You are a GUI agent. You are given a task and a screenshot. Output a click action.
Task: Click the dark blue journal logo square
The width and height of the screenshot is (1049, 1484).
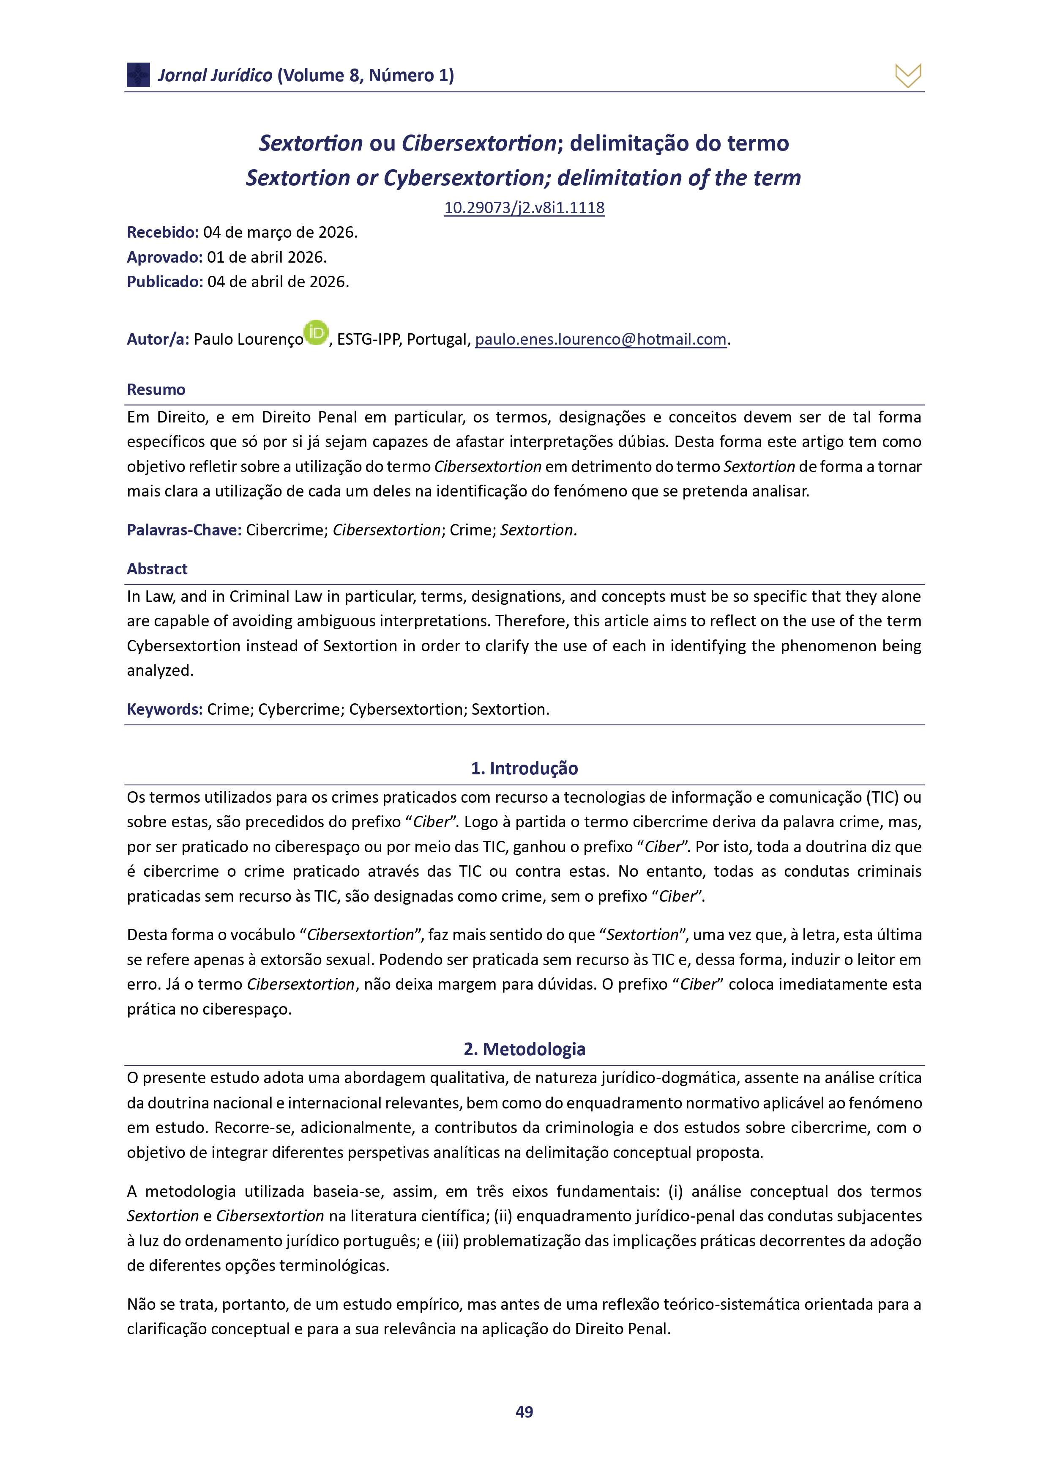[x=138, y=75]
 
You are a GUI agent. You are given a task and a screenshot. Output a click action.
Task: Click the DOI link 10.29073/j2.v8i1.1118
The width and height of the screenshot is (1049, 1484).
[x=524, y=208]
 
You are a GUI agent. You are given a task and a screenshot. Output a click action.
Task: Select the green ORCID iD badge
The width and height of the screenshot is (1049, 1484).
[x=316, y=333]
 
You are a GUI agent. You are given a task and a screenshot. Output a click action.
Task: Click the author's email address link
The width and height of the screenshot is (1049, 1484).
[x=601, y=339]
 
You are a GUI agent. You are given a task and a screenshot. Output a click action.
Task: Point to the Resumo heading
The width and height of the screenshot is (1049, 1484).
[x=156, y=390]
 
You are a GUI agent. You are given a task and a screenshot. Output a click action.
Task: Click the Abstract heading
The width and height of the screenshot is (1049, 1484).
[x=157, y=569]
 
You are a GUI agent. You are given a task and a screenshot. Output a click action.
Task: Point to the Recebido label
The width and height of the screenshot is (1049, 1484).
[x=163, y=232]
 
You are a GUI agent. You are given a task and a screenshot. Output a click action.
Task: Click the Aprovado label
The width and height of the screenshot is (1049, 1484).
[x=165, y=257]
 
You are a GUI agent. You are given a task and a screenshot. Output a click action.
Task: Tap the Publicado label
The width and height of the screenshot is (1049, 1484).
[x=165, y=282]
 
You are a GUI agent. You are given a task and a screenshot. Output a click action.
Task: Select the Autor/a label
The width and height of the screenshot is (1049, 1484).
[x=158, y=339]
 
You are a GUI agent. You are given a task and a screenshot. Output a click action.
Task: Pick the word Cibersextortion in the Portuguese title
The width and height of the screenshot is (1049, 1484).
[x=478, y=143]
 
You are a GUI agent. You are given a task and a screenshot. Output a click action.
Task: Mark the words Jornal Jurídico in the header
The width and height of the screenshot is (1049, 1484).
[x=215, y=76]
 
